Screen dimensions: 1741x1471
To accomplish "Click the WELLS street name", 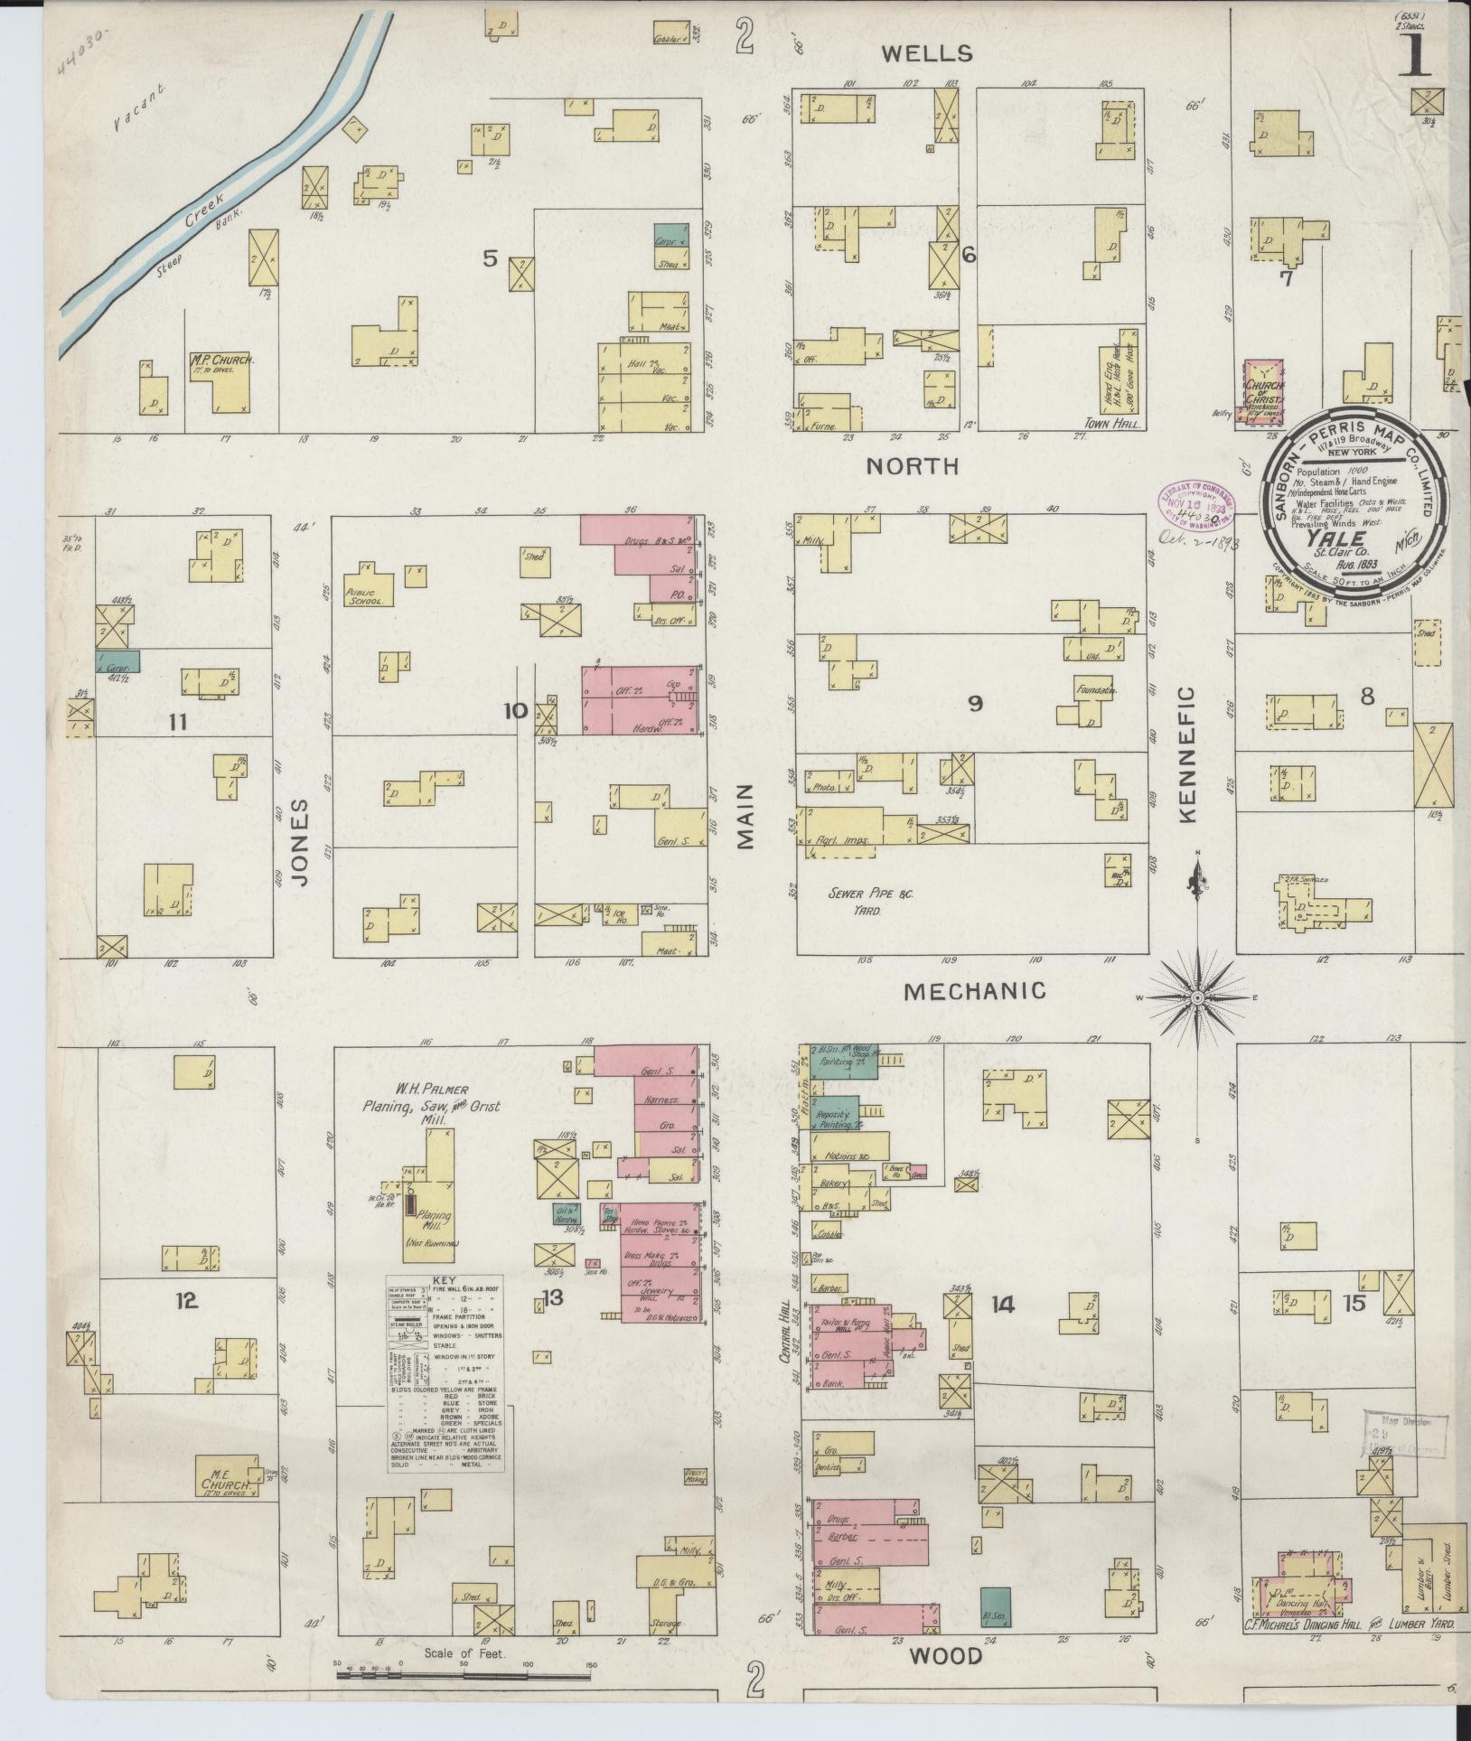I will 927,54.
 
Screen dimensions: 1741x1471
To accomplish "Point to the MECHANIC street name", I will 975,991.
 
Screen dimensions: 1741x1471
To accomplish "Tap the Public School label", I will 368,598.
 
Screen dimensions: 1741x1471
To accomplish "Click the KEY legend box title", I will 445,1281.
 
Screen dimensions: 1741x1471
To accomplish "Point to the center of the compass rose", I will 1197,997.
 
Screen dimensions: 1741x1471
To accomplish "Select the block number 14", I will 1002,1305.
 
